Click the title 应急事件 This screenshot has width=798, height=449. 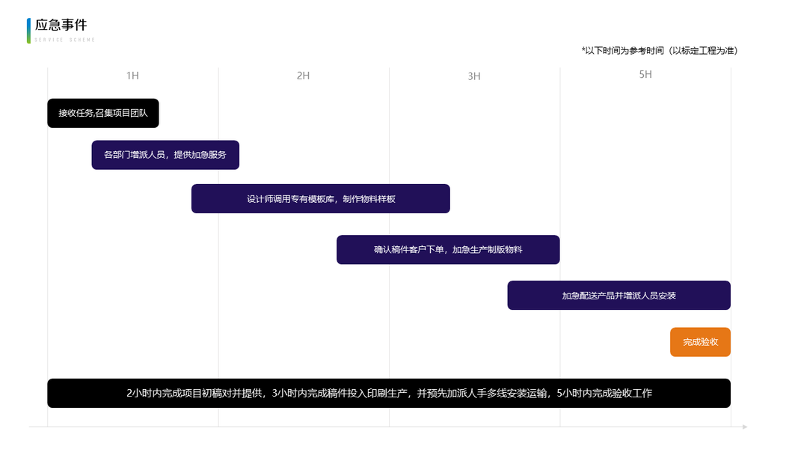point(61,25)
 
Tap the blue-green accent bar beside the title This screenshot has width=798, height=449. point(28,31)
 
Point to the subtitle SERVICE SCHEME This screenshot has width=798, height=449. point(65,40)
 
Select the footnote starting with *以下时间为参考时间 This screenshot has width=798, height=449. point(659,50)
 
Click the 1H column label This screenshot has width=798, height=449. point(132,76)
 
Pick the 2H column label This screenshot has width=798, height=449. point(303,76)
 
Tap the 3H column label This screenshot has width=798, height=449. point(474,76)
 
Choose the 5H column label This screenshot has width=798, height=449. point(645,75)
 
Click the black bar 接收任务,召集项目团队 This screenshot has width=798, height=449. point(103,113)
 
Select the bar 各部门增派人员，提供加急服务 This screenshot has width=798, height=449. point(165,155)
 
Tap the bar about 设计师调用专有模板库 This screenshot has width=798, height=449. point(320,198)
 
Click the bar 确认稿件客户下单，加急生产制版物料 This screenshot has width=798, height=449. point(448,249)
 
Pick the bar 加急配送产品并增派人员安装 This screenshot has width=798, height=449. point(619,295)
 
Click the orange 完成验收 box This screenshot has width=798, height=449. point(700,342)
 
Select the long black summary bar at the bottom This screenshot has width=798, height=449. point(389,393)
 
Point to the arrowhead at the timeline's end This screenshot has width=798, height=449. point(744,427)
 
